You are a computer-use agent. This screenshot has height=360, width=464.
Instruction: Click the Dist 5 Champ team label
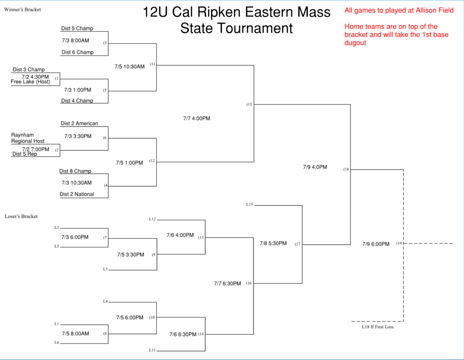[x=77, y=29]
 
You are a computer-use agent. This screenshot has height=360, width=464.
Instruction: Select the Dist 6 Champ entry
[x=78, y=52]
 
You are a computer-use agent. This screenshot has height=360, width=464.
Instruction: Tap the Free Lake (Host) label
[x=30, y=82]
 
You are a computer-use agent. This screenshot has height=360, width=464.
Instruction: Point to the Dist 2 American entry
[x=79, y=123]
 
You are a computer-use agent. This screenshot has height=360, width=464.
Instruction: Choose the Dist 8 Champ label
[x=75, y=171]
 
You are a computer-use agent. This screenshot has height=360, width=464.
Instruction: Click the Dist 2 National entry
[x=77, y=194]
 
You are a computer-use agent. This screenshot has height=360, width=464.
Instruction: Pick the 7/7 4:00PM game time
[x=197, y=118]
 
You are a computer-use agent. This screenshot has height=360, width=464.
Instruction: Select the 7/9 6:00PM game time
[x=376, y=244]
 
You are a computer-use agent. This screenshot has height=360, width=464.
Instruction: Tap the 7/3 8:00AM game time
[x=75, y=41]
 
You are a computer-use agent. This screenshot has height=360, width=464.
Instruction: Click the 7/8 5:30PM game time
[x=273, y=243]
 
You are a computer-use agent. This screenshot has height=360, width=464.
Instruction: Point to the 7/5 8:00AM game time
[x=75, y=334]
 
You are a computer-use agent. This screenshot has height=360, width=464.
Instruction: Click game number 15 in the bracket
[x=249, y=105]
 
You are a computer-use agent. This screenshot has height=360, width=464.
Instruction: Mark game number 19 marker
[x=399, y=243]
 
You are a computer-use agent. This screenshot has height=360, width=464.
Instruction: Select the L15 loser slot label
[x=249, y=205]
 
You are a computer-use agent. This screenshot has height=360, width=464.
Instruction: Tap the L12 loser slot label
[x=152, y=219]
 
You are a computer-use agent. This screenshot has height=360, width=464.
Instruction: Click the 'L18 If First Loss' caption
[x=378, y=327]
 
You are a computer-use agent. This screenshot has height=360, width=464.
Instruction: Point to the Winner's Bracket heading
[x=22, y=10]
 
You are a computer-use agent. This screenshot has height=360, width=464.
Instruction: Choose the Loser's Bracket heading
[x=21, y=217]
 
